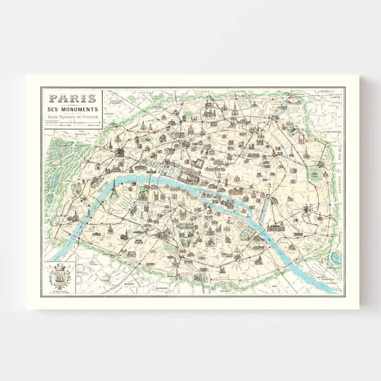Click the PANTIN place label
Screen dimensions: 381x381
point(333,97)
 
